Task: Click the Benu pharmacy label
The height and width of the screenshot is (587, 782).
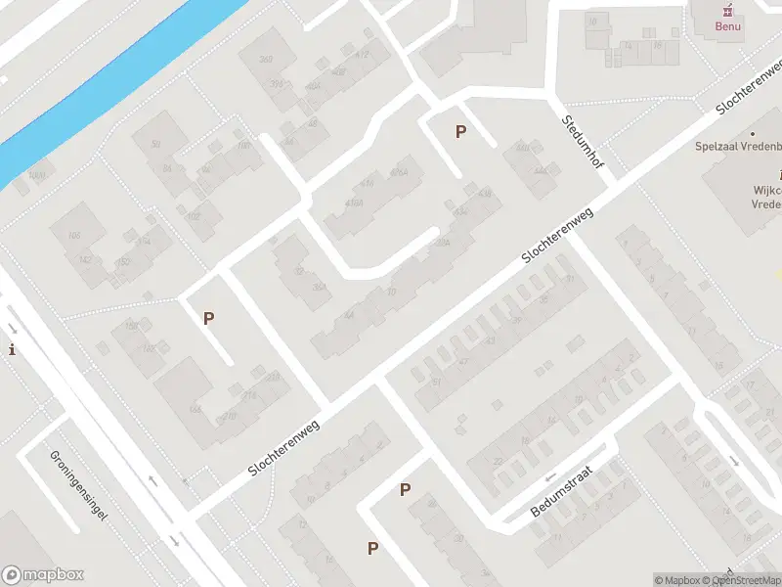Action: [x=728, y=26]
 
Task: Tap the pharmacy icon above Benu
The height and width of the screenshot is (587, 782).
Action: [x=728, y=9]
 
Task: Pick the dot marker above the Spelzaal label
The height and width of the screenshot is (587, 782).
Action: [x=753, y=133]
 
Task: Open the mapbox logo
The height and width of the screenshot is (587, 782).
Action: [x=42, y=574]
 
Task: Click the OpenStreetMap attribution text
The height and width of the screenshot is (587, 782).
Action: [x=748, y=580]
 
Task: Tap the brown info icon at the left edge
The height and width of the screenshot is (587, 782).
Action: [x=12, y=349]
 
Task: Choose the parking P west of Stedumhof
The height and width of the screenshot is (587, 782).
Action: [x=460, y=131]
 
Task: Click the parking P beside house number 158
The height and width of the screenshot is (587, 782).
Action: [x=208, y=318]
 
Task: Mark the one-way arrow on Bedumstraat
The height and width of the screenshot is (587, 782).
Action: [x=548, y=477]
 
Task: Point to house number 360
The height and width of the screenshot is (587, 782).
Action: [x=265, y=61]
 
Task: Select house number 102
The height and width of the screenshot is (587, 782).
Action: [x=192, y=216]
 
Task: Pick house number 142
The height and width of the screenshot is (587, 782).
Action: [x=85, y=259]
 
